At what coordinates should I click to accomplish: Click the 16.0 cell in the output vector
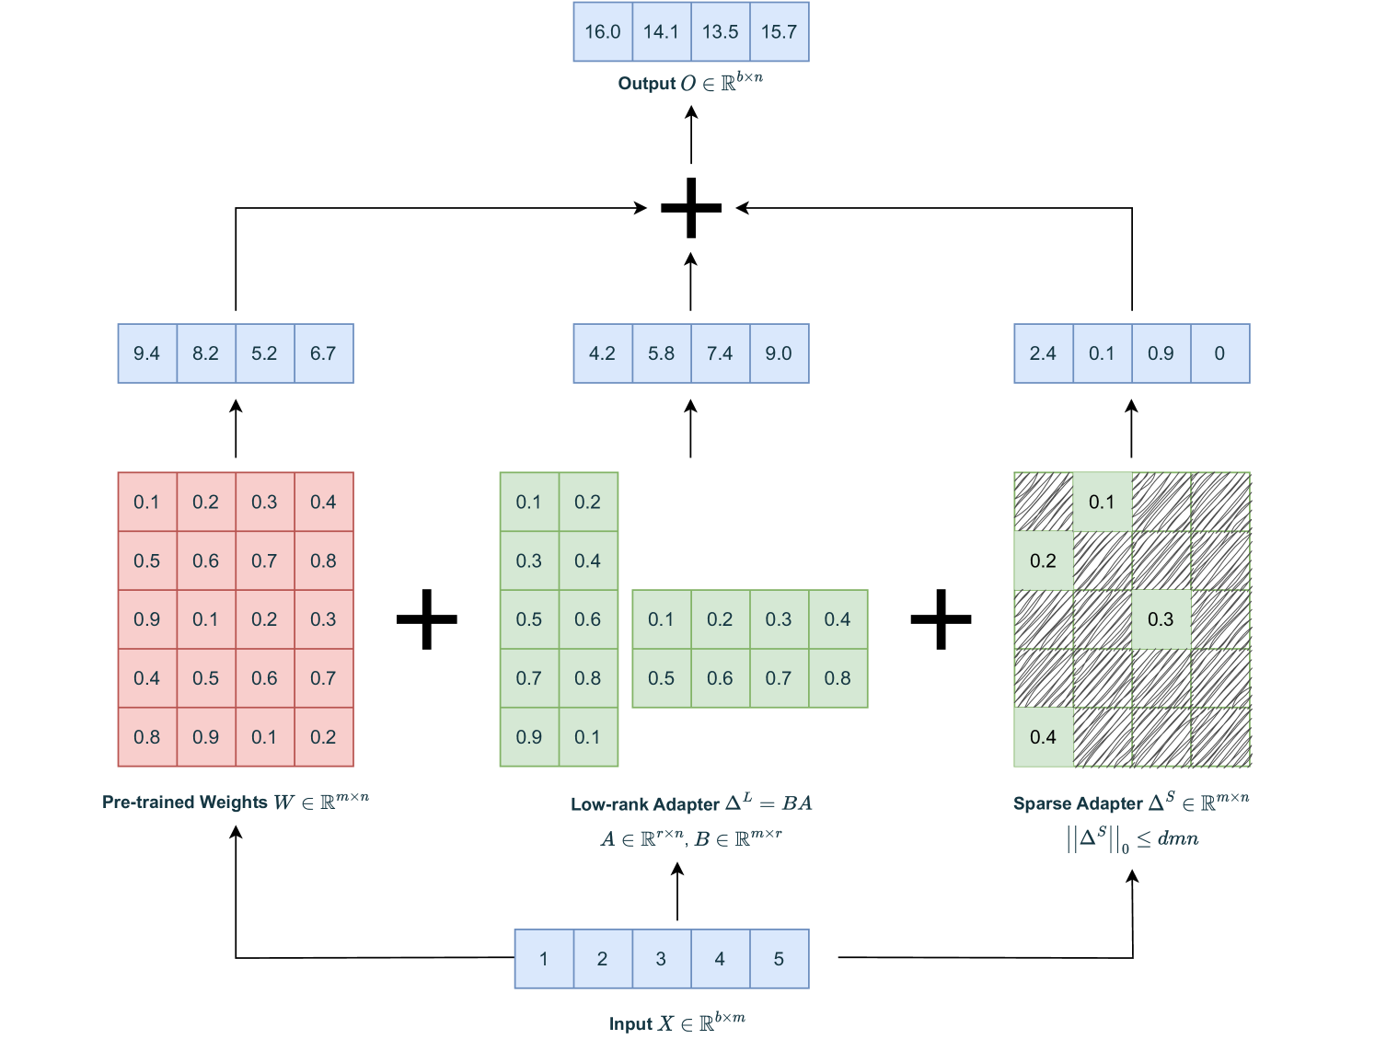click(602, 32)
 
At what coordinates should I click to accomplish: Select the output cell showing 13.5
click(720, 32)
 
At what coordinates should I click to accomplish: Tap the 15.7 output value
click(779, 32)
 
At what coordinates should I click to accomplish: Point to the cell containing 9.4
click(146, 353)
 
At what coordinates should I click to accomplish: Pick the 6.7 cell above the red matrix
click(323, 353)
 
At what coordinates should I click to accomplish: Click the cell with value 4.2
click(602, 353)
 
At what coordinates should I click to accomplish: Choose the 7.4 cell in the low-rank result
click(720, 353)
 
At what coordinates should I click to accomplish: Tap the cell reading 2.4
click(1043, 353)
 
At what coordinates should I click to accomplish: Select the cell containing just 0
click(1219, 353)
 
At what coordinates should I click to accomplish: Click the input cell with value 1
click(543, 959)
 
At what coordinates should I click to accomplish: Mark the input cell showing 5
click(779, 959)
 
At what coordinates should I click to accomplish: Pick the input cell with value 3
click(661, 959)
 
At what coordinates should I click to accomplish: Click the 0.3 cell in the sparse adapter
click(1161, 619)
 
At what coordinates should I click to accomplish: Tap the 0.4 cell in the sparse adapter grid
click(1043, 737)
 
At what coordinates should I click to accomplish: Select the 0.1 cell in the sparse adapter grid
click(1102, 502)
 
